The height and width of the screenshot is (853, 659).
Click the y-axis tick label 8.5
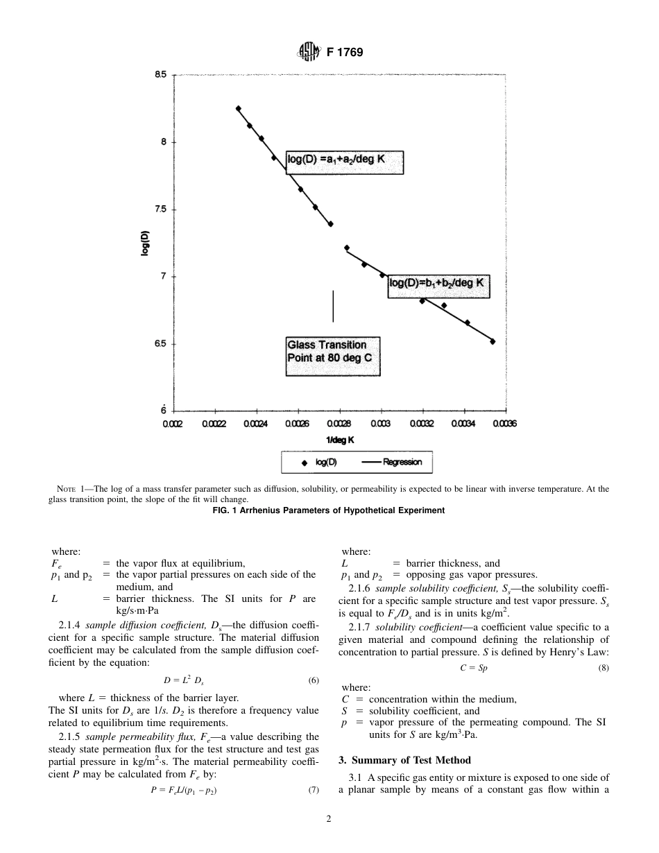(160, 74)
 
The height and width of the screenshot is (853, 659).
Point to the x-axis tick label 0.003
(379, 423)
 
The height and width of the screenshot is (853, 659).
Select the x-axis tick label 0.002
(173, 423)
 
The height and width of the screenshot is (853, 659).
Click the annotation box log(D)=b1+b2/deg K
(438, 284)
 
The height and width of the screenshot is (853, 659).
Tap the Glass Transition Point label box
(333, 356)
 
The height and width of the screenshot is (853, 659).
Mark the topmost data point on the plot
(238, 108)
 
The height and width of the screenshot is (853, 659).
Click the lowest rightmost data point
(493, 341)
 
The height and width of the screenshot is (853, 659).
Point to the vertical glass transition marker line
(333, 306)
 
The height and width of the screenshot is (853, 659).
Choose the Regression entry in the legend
(393, 463)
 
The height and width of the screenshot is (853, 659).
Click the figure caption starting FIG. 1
(328, 510)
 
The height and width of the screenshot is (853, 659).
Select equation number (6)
(314, 680)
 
